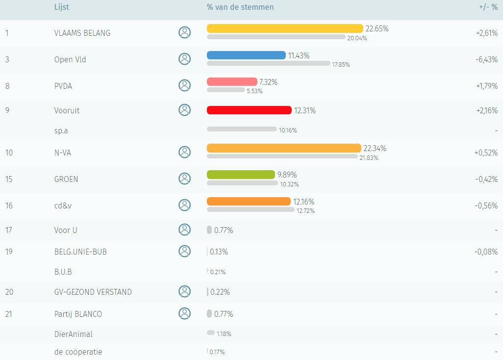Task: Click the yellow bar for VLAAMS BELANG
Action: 284,28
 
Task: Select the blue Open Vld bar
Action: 246,55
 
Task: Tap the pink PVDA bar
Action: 232,82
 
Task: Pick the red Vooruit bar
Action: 249,110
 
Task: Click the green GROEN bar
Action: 241,175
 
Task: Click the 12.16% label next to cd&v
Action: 304,202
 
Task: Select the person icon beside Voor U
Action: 184,230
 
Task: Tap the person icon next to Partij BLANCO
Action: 184,313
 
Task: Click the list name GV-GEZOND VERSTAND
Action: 93,292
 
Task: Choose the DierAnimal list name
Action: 74,334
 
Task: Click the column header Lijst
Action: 62,7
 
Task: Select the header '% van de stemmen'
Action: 240,7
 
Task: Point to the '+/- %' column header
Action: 487,7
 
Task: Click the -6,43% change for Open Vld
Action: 486,59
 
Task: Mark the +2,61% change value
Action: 486,33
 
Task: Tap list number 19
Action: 9,252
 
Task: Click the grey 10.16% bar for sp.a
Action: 242,129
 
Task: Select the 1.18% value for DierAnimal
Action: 224,334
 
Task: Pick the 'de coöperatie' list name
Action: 78,352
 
